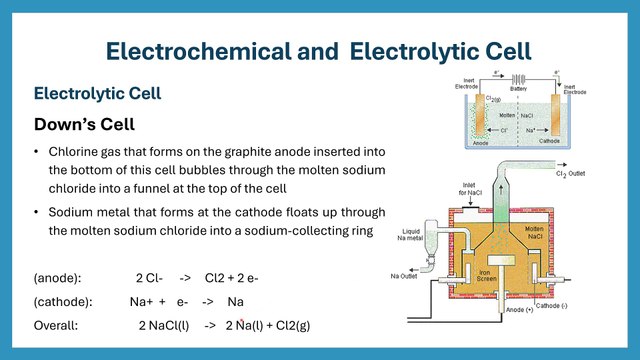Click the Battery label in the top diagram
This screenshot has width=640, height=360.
(x=518, y=88)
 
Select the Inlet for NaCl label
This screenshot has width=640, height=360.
(x=476, y=189)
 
